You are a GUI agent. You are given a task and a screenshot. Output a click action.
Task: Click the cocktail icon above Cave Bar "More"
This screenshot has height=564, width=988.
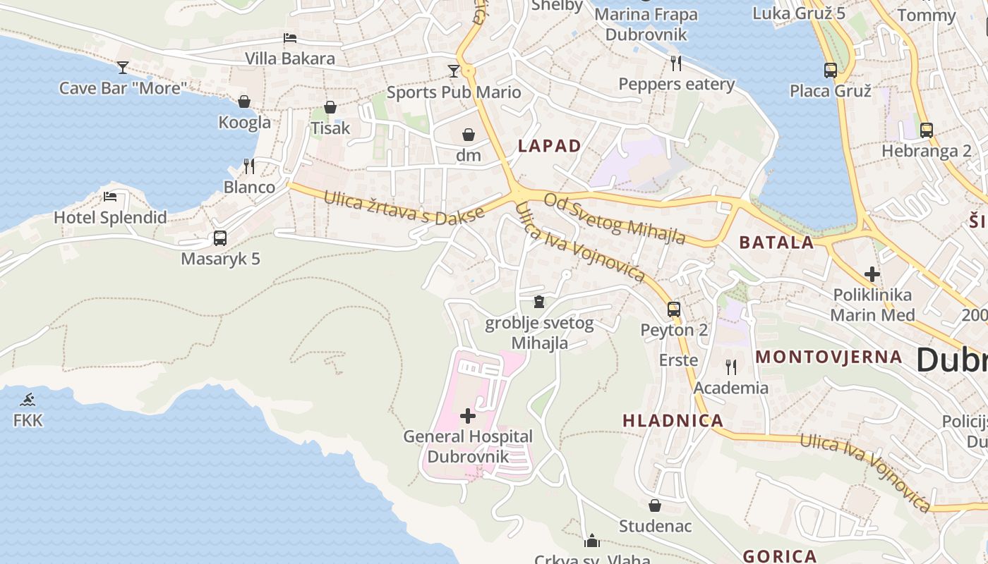pyautogui.click(x=123, y=67)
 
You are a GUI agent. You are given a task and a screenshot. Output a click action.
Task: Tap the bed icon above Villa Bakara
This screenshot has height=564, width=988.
pyautogui.click(x=289, y=38)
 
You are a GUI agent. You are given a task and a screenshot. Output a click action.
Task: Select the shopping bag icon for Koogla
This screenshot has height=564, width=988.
pyautogui.click(x=244, y=102)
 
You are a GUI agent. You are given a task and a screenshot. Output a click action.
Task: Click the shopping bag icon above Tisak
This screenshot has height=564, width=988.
pyautogui.click(x=330, y=107)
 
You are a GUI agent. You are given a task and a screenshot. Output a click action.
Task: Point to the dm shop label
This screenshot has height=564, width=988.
pyautogui.click(x=468, y=155)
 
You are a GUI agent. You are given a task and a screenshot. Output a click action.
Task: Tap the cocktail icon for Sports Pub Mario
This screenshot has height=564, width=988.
pyautogui.click(x=453, y=71)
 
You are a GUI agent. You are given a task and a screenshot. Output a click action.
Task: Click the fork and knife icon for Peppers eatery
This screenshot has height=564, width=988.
pyautogui.click(x=676, y=63)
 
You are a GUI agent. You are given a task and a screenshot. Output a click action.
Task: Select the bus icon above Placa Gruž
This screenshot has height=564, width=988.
pyautogui.click(x=831, y=70)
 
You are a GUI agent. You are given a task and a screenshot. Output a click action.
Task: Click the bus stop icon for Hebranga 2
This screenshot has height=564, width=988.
pyautogui.click(x=927, y=130)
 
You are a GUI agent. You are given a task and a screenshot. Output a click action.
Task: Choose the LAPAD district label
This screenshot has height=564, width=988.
pyautogui.click(x=550, y=146)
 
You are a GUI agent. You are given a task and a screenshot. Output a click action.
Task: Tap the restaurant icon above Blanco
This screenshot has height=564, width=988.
pyautogui.click(x=249, y=166)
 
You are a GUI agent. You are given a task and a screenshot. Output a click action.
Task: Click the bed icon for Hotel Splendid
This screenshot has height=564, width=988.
pyautogui.click(x=110, y=197)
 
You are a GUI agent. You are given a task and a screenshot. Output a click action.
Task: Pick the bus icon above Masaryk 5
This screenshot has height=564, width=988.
pyautogui.click(x=220, y=238)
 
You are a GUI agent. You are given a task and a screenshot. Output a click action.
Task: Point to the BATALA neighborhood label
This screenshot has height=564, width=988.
pyautogui.click(x=776, y=243)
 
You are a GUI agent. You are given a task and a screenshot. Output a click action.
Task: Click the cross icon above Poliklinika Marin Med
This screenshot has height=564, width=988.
pyautogui.click(x=872, y=274)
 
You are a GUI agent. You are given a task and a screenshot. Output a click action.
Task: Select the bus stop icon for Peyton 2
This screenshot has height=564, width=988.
pyautogui.click(x=674, y=309)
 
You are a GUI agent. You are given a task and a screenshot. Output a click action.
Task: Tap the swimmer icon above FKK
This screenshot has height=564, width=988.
pyautogui.click(x=28, y=400)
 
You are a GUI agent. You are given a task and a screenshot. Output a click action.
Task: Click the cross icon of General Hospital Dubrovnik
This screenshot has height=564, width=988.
pyautogui.click(x=467, y=416)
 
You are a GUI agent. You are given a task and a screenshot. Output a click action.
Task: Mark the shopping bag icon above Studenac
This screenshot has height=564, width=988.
pyautogui.click(x=655, y=505)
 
